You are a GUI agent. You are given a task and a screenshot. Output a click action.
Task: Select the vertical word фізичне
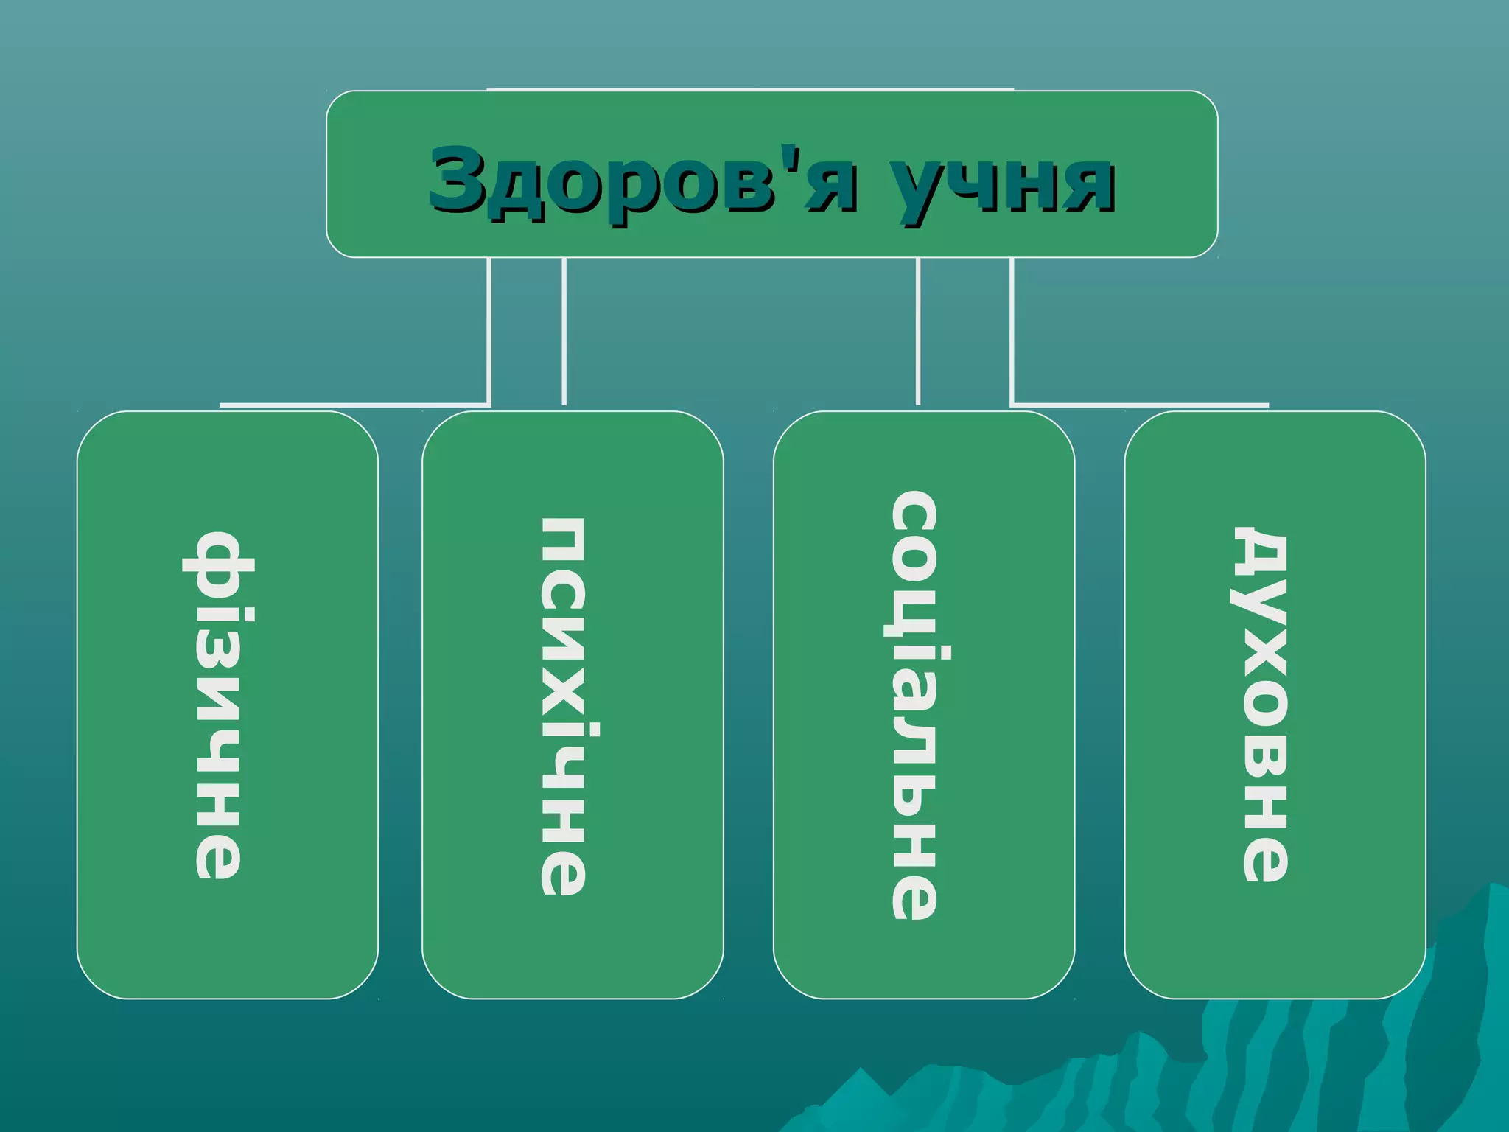point(217,705)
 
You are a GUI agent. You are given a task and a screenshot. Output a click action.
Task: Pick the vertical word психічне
point(564,706)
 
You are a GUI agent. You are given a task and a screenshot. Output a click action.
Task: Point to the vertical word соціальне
point(914,705)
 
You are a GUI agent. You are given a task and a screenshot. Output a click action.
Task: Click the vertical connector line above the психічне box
point(564,332)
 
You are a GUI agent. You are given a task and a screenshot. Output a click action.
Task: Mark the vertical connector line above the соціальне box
point(918,332)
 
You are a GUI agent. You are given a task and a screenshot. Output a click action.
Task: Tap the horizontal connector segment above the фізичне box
point(354,405)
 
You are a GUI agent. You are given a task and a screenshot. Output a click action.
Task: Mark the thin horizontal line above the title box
point(750,89)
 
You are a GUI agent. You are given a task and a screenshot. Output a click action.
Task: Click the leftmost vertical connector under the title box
point(489,332)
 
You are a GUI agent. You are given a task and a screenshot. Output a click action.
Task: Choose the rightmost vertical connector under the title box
point(1012,332)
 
